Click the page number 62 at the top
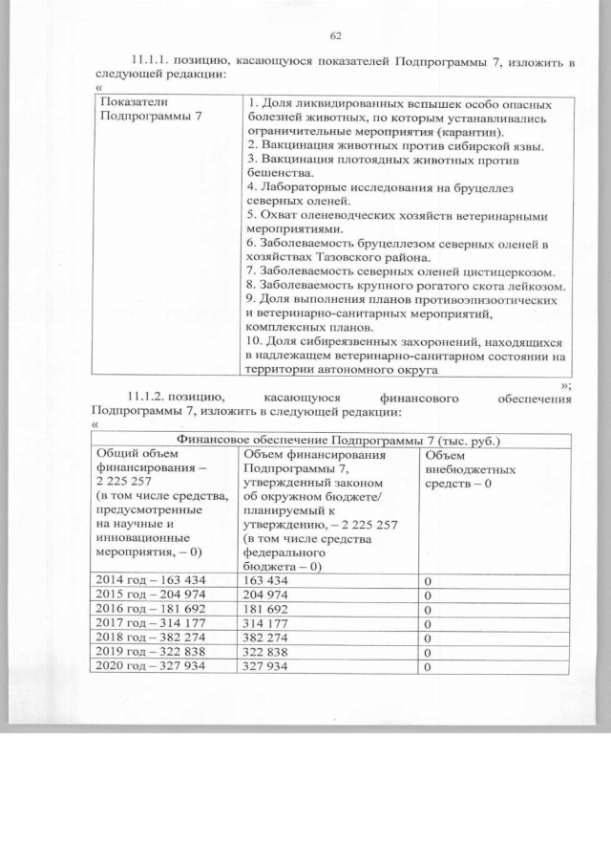[335, 35]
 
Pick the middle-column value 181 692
[267, 608]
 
